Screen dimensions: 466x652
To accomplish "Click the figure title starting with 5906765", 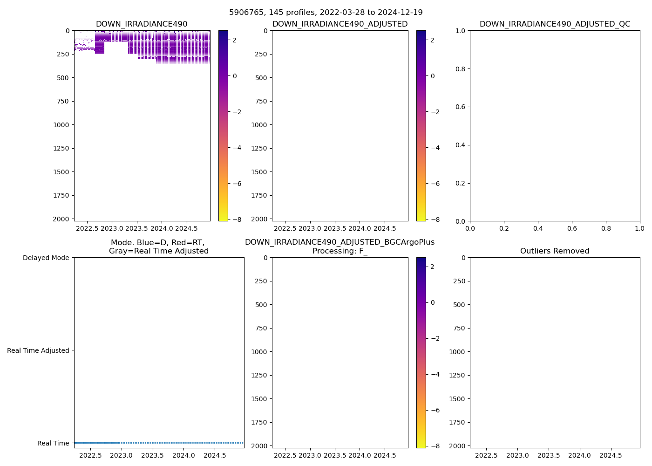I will [x=326, y=13].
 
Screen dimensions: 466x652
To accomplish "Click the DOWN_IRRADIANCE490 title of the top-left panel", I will [x=142, y=24].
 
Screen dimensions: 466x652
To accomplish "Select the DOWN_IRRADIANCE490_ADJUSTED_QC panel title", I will [x=555, y=24].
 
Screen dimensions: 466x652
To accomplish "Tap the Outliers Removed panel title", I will [x=555, y=251].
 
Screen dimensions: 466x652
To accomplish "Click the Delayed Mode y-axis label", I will [x=46, y=258].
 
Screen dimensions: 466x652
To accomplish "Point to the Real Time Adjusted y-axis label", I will [x=38, y=350].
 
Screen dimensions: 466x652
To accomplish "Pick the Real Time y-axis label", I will [x=53, y=443].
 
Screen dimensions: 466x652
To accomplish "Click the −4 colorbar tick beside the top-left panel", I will [x=237, y=148].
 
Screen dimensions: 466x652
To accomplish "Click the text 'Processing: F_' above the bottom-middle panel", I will [x=340, y=251].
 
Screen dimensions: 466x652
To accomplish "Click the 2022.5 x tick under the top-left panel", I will [x=87, y=229].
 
